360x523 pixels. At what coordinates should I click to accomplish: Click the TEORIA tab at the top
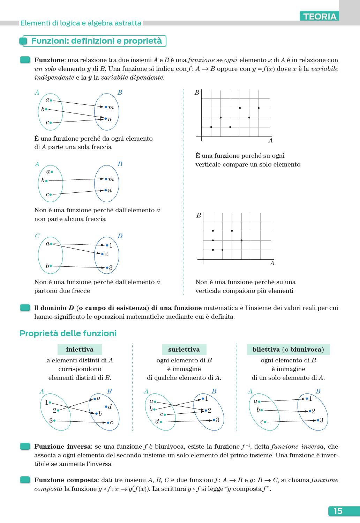click(320, 16)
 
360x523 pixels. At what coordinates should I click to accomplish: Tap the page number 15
click(338, 511)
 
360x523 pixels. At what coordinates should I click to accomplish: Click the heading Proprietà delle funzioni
click(68, 333)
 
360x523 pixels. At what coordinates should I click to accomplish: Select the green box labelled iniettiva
click(80, 349)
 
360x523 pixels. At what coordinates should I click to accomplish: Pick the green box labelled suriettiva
click(184, 349)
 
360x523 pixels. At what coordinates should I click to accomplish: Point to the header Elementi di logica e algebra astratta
click(81, 23)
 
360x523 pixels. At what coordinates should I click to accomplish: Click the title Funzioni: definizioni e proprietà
click(96, 41)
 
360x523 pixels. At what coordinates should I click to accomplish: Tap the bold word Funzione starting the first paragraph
click(49, 60)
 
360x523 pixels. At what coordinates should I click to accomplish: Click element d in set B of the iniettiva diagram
click(110, 407)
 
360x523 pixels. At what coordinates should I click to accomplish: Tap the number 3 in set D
click(111, 268)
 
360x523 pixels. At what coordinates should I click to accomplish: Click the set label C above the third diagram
click(37, 236)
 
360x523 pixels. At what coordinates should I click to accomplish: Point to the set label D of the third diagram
click(120, 236)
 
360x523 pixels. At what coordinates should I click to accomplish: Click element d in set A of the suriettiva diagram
click(157, 422)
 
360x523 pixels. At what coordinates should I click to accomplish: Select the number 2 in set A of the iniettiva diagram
click(54, 411)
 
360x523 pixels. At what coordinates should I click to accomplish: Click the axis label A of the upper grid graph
click(270, 141)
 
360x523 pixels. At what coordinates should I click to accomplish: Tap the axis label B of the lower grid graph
click(198, 215)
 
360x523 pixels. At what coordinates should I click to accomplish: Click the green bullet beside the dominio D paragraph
click(25, 308)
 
